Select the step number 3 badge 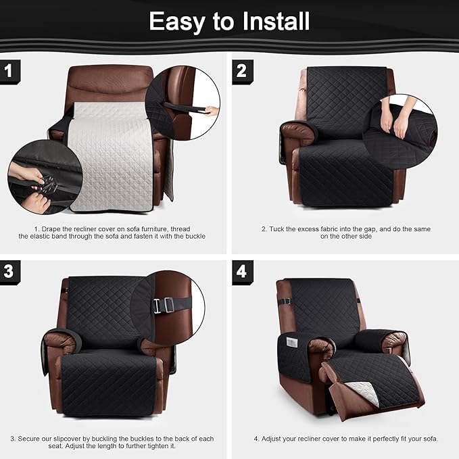(x=8, y=272)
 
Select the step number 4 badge (x=242, y=272)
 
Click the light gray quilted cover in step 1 (x=112, y=155)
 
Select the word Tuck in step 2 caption (x=277, y=229)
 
